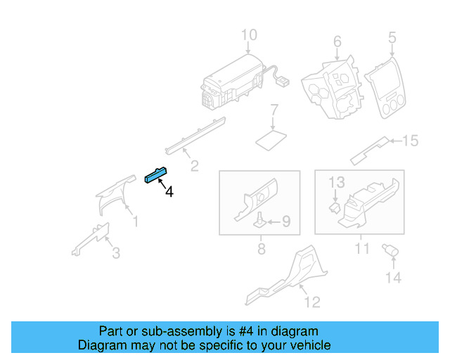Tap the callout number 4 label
pos(169,191)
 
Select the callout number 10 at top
pos(249,35)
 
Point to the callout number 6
pos(337,41)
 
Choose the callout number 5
pos(392,37)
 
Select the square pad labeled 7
pos(271,138)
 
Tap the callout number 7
pos(275,110)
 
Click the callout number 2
pos(194,166)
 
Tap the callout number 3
pos(116,252)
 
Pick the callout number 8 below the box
pos(261,249)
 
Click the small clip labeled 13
pos(336,207)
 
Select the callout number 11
pos(361,249)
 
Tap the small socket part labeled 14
pos(387,250)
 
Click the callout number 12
pos(312,302)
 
